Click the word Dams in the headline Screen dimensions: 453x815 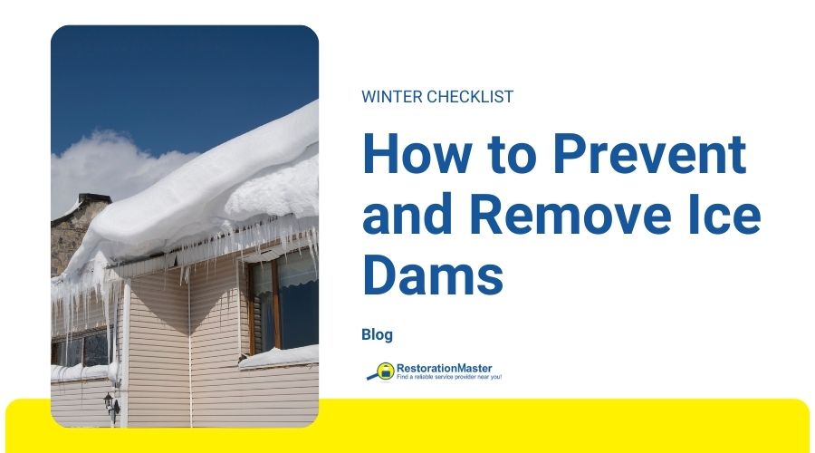pyautogui.click(x=433, y=277)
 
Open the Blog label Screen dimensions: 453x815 pyautogui.click(x=377, y=334)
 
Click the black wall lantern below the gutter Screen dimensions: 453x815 pyautogui.click(x=110, y=402)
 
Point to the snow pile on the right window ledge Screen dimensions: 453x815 pyautogui.click(x=281, y=355)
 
